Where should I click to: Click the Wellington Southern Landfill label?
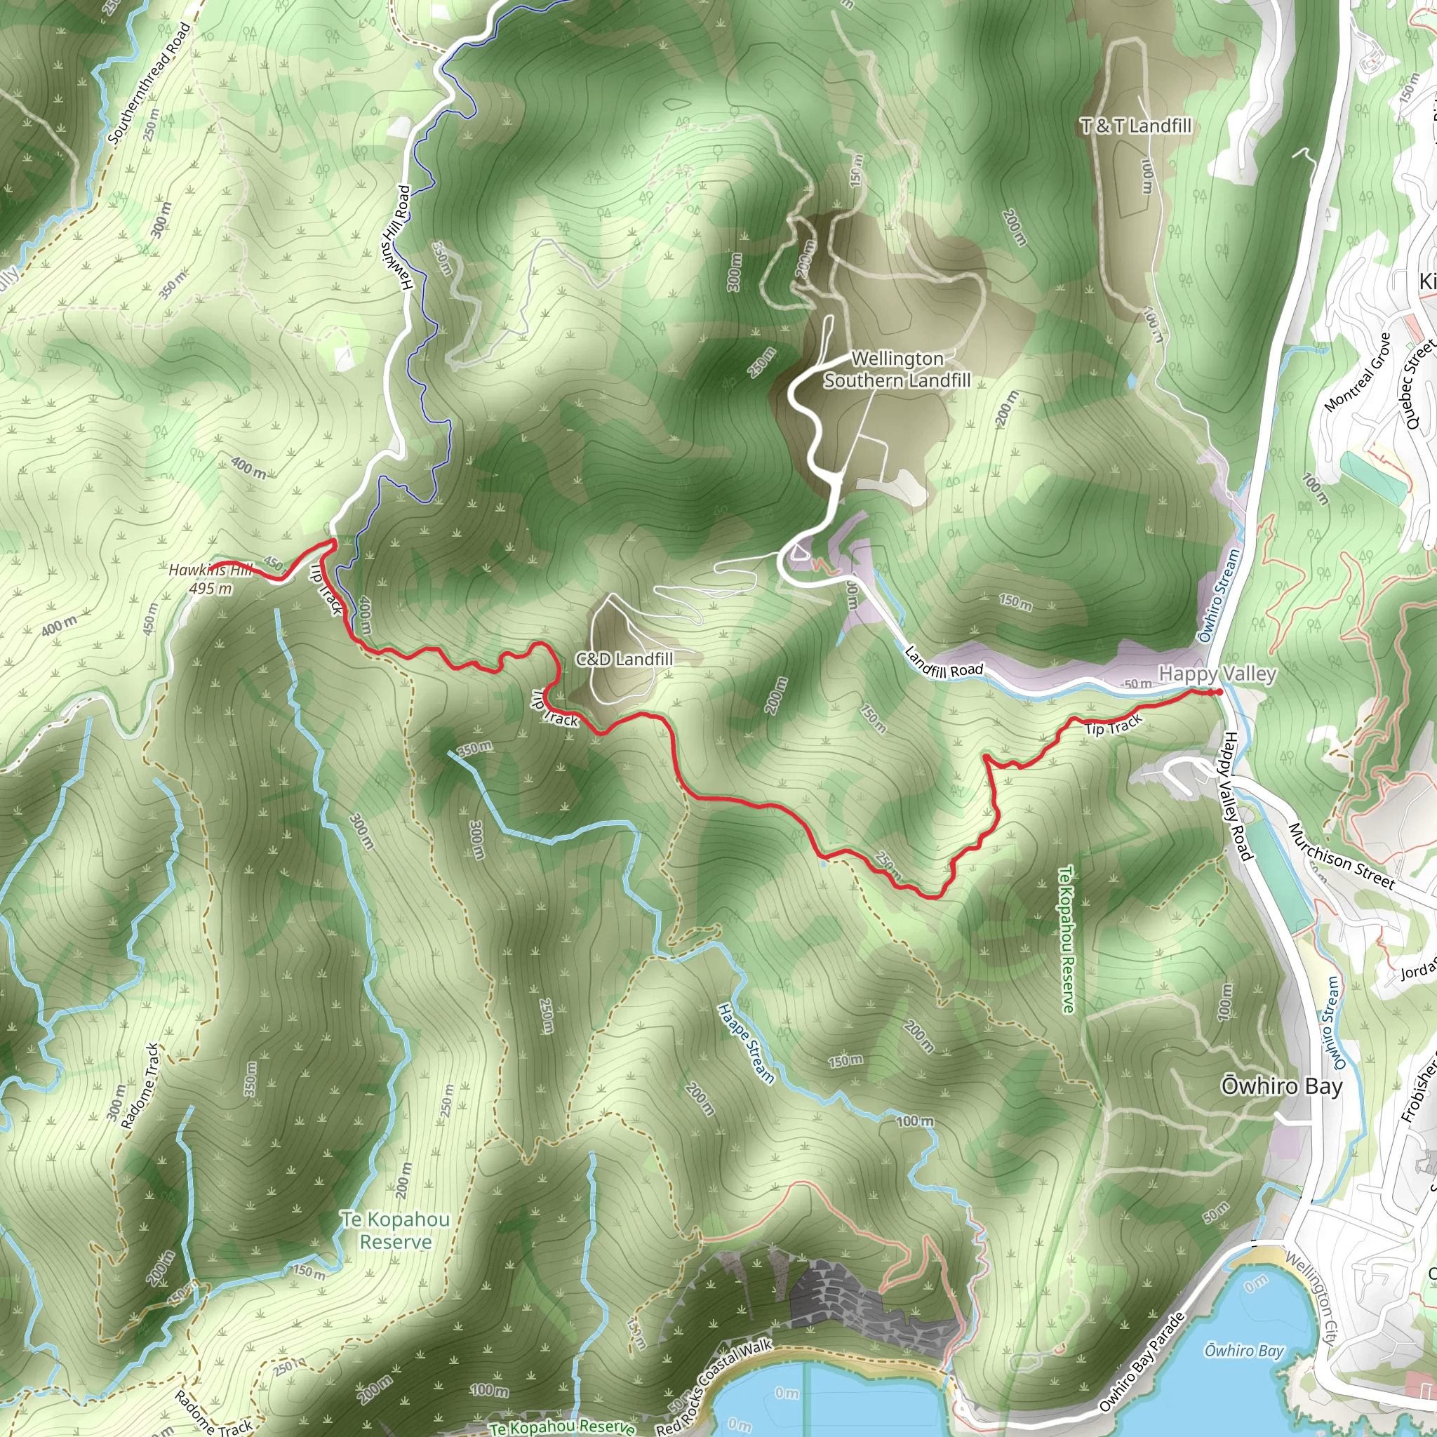click(897, 370)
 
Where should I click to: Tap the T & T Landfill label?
click(1136, 126)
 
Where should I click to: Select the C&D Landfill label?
click(624, 659)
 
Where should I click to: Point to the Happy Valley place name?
click(1217, 674)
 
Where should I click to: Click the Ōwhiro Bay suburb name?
click(1281, 1087)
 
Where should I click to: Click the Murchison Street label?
click(1341, 856)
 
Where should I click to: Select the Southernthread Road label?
click(149, 83)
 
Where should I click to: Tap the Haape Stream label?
click(746, 1043)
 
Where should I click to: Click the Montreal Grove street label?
click(1358, 372)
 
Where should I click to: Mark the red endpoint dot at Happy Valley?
click(1219, 693)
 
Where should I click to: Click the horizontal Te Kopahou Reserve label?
click(396, 1230)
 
